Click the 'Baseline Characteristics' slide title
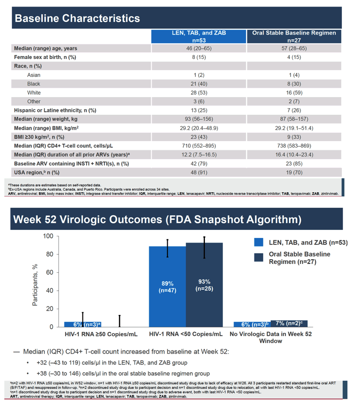pos(77,18)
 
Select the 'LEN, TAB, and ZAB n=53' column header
pos(198,36)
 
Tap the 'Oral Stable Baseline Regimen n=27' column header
pos(294,36)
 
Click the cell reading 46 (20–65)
pos(198,48)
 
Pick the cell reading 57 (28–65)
pos(294,48)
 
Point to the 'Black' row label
pos(34,84)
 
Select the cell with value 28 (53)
pos(199,93)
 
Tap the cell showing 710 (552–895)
pos(199,146)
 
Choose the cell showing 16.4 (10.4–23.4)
pos(294,154)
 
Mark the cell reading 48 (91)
pos(199,172)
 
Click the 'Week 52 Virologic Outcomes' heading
pos(157,219)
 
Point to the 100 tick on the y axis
pos(48,236)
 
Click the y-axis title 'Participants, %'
pos(35,285)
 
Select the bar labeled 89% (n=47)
pos(167,287)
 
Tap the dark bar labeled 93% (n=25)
pos(204,285)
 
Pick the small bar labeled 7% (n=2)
pos(289,324)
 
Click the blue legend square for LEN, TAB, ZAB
pos(259,242)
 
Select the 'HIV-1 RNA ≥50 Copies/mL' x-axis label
pos(101,334)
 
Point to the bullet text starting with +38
pos(123,373)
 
